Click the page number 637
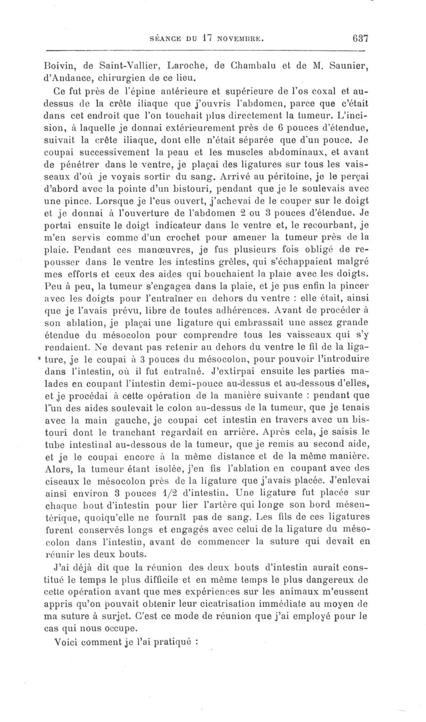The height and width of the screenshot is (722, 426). click(361, 38)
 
